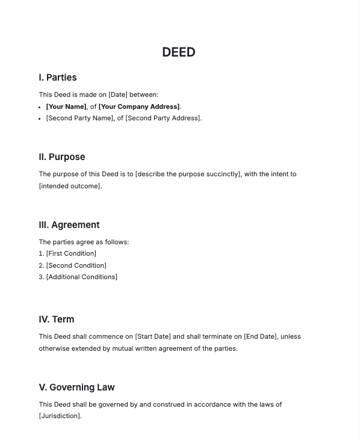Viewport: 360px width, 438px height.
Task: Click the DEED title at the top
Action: pyautogui.click(x=179, y=52)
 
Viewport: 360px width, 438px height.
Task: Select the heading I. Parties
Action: pyautogui.click(x=58, y=78)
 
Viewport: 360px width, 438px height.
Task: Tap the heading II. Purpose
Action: pyautogui.click(x=62, y=157)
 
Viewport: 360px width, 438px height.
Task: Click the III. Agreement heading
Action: pyautogui.click(x=69, y=225)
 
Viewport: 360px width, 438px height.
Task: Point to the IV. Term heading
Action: pyautogui.click(x=57, y=319)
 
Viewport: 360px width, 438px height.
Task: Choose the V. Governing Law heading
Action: pyautogui.click(x=76, y=387)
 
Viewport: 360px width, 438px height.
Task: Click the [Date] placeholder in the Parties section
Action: pyautogui.click(x=118, y=94)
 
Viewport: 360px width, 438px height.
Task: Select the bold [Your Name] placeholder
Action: pyautogui.click(x=66, y=106)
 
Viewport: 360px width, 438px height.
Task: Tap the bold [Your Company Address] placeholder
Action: pyautogui.click(x=139, y=106)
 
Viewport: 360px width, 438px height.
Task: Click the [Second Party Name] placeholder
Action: pyautogui.click(x=80, y=118)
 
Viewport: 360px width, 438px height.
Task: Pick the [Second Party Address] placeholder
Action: pyautogui.click(x=163, y=118)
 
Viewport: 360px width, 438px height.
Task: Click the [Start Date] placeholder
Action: pyautogui.click(x=153, y=337)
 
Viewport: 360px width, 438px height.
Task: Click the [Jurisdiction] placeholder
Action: pyautogui.click(x=60, y=416)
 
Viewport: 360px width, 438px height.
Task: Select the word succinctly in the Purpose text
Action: pyautogui.click(x=223, y=174)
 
